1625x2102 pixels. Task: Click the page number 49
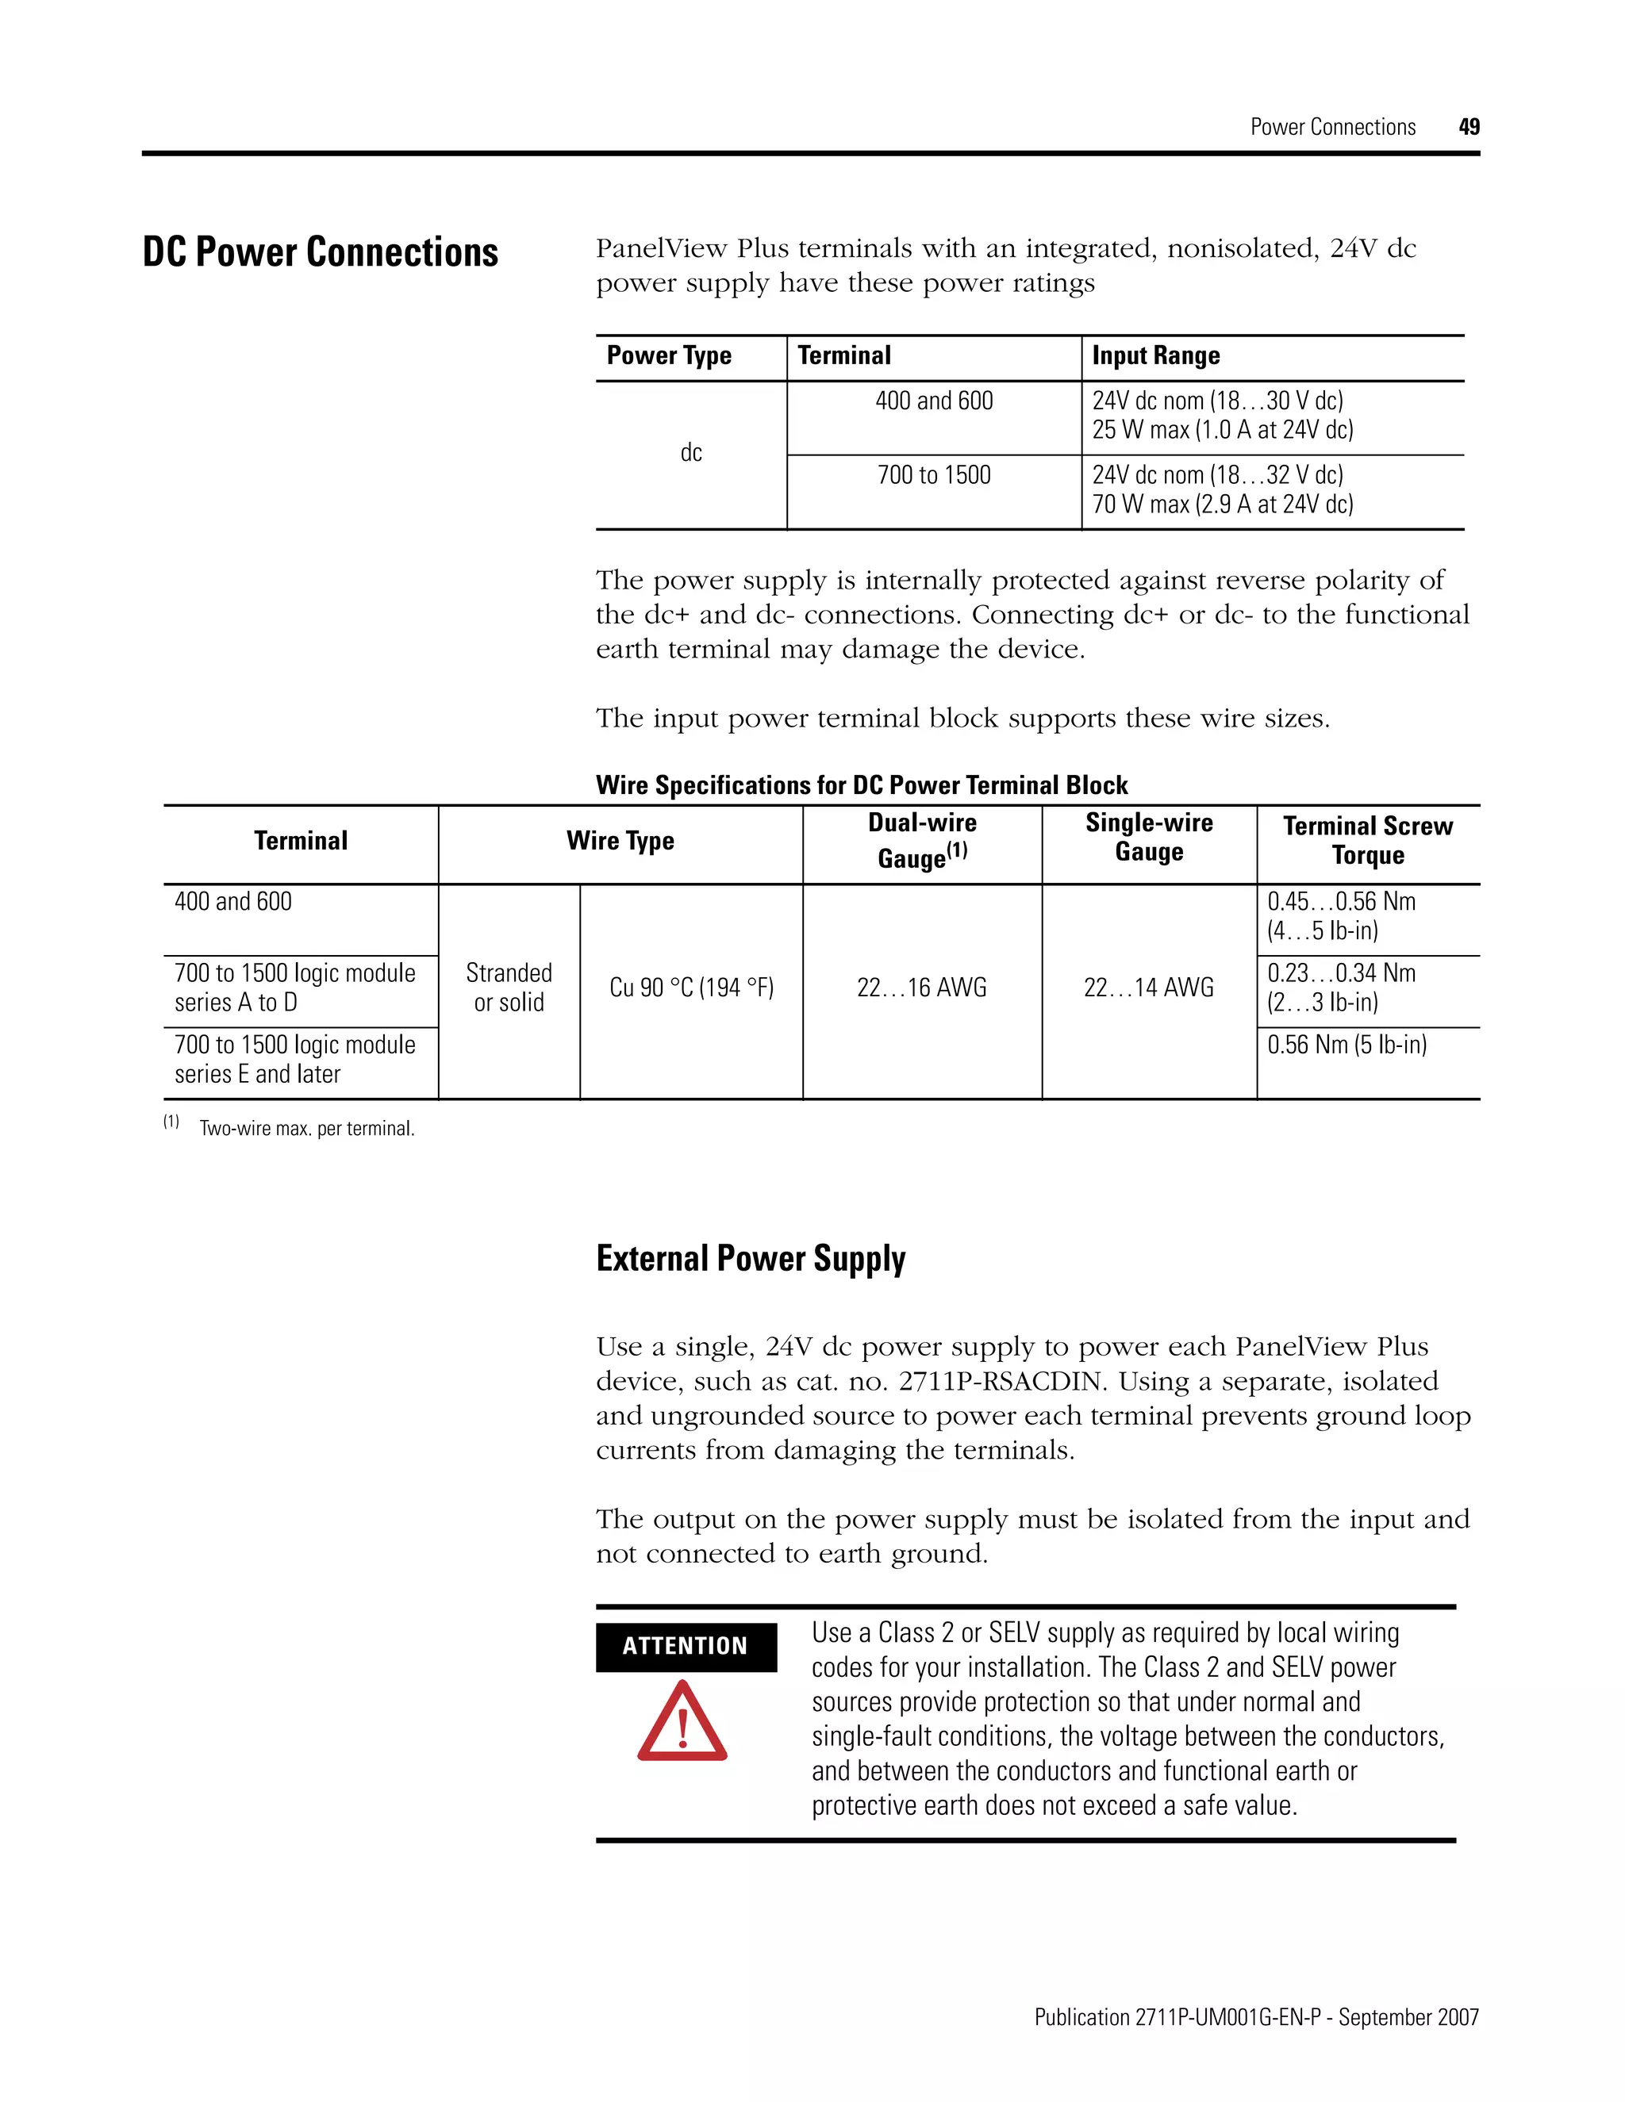click(x=1469, y=127)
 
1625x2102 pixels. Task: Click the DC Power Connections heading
click(x=321, y=252)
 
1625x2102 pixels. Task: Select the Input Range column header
click(x=1155, y=356)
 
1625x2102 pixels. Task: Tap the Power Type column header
click(x=669, y=356)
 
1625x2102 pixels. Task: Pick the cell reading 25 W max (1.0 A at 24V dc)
click(x=1223, y=430)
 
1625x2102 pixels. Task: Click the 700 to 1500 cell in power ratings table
click(x=934, y=475)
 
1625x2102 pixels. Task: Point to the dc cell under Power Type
click(x=691, y=453)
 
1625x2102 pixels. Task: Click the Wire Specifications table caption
click(x=862, y=785)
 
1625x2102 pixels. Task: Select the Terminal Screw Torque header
click(x=1367, y=840)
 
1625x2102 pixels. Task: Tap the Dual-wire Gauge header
click(x=922, y=840)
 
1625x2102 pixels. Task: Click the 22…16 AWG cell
click(x=922, y=988)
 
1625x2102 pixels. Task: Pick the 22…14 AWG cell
click(x=1148, y=988)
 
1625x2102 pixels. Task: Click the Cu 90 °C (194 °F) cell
click(x=691, y=988)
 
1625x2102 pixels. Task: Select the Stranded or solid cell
click(x=509, y=988)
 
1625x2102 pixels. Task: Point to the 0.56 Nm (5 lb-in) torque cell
click(x=1346, y=1045)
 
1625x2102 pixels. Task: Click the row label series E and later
click(x=257, y=1074)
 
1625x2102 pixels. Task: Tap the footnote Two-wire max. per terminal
click(x=306, y=1129)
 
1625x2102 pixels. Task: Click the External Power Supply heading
click(x=751, y=1259)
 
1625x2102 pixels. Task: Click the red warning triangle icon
click(x=682, y=1724)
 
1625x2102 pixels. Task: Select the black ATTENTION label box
click(x=686, y=1647)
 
